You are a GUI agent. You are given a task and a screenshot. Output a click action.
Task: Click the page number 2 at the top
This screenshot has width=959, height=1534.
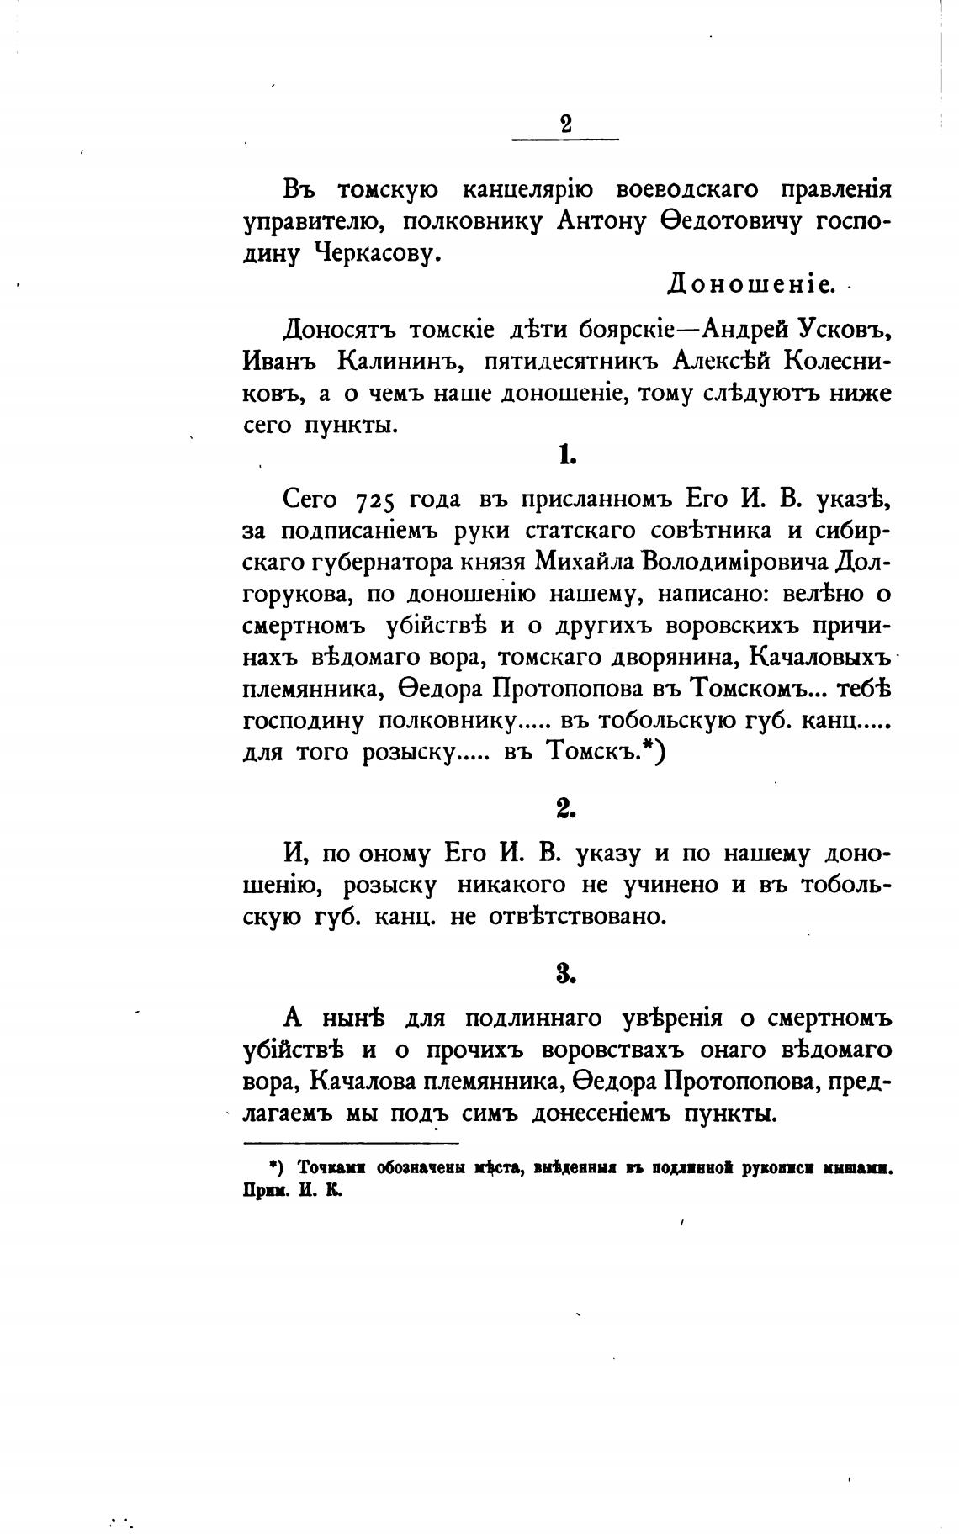pyautogui.click(x=565, y=124)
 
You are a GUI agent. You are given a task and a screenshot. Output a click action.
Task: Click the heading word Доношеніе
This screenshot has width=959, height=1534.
pyautogui.click(x=751, y=285)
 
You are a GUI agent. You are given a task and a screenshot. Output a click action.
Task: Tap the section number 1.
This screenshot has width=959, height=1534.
pyautogui.click(x=565, y=456)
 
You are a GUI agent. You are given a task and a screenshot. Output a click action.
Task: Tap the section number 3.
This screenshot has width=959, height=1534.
pyautogui.click(x=565, y=974)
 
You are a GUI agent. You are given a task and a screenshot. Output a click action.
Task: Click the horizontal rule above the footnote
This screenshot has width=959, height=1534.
pyautogui.click(x=351, y=1143)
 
